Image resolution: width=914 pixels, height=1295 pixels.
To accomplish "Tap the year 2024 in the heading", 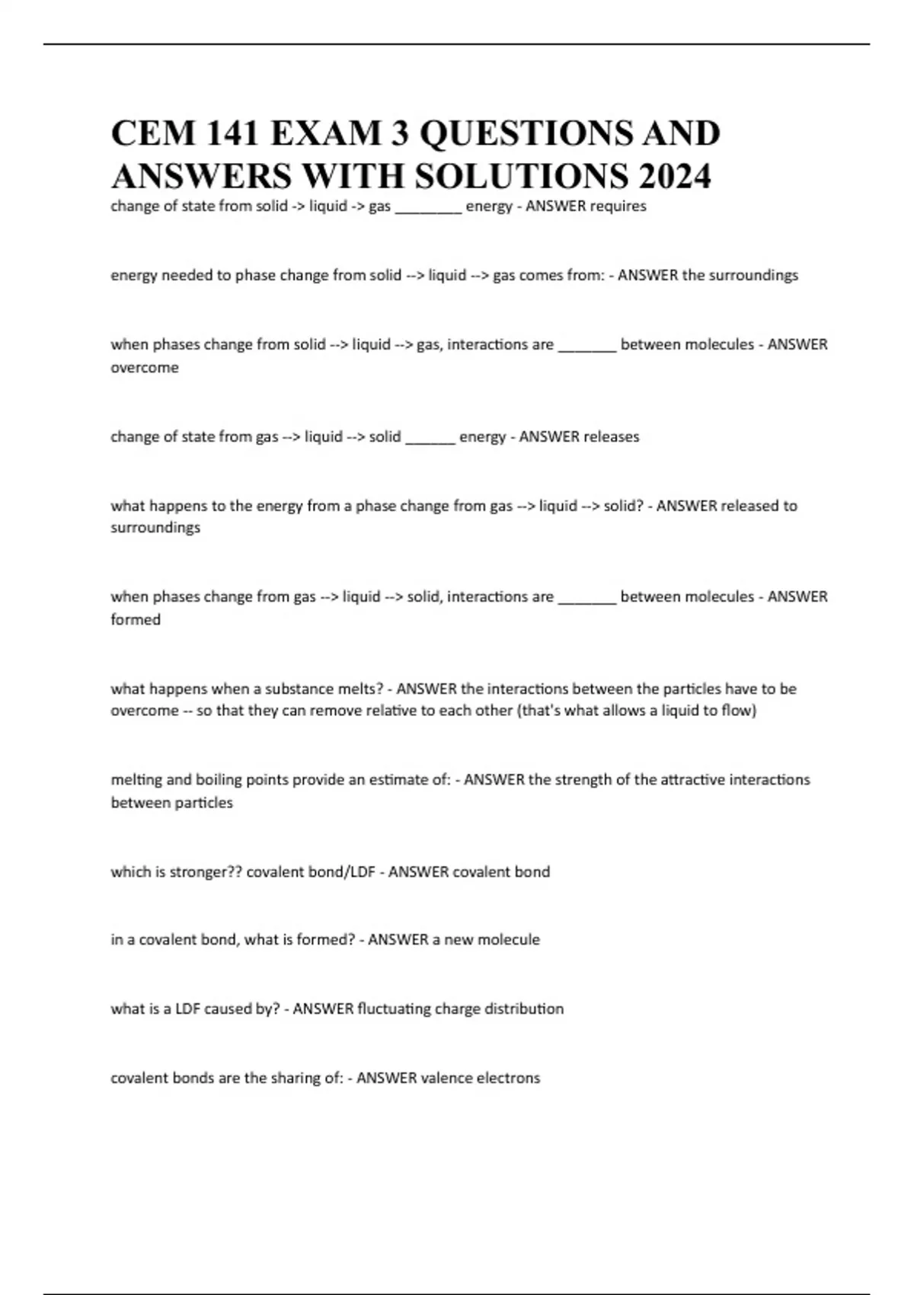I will coord(675,176).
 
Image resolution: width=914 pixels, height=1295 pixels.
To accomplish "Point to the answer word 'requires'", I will coord(618,206).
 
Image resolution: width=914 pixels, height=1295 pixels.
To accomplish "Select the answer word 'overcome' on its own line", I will coord(145,368).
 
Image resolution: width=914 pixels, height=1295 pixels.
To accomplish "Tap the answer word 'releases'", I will coord(611,436).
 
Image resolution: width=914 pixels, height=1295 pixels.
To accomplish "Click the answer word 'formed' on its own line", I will coord(136,620).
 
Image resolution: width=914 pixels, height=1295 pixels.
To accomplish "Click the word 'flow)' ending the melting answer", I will coord(738,711).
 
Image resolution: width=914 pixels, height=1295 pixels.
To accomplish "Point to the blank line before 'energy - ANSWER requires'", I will coord(428,210).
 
